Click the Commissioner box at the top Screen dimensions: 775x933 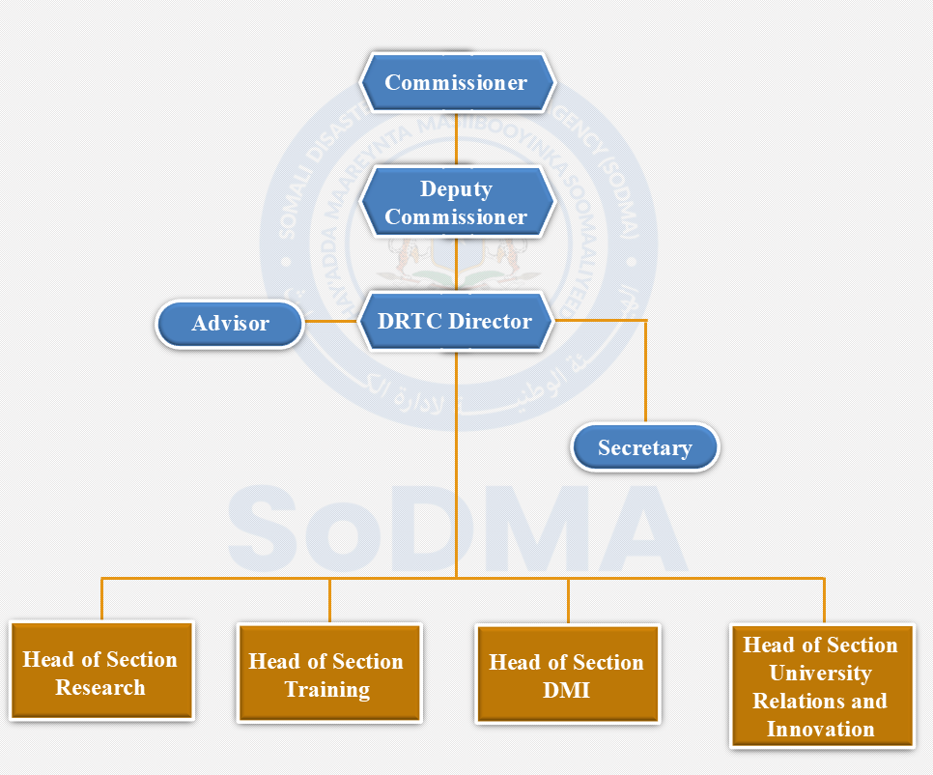coord(457,82)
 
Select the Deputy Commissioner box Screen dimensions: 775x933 coord(457,203)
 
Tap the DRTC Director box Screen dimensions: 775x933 coord(457,322)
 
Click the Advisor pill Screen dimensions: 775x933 coord(230,324)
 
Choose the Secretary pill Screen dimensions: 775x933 coord(644,448)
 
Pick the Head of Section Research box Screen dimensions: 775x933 coord(100,673)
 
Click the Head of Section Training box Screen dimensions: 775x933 coord(328,675)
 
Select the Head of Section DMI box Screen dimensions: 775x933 coord(567,675)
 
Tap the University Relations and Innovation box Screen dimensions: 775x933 coord(821,686)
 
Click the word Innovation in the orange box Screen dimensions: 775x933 coord(821,730)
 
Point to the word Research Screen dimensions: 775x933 coord(100,688)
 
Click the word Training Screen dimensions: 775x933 coord(327,690)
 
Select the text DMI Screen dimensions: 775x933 coord(567,691)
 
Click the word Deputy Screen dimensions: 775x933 coord(456,189)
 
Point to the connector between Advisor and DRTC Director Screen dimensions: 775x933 coord(331,322)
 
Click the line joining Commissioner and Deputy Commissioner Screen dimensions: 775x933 coord(457,137)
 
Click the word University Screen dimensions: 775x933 coord(821,674)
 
